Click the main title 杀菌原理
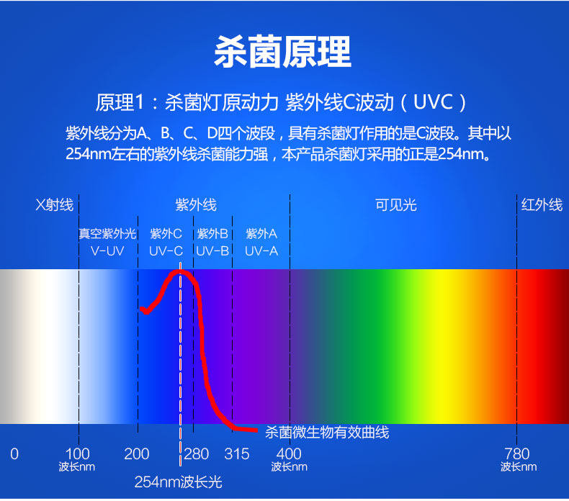(284, 52)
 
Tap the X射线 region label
(55, 205)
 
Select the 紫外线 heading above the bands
(195, 205)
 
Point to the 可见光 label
(395, 205)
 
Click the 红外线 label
(542, 205)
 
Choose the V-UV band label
(107, 250)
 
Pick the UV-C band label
(166, 250)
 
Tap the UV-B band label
(212, 250)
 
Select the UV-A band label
(261, 250)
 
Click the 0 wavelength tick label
(14, 453)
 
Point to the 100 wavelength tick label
(78, 453)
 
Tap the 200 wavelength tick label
(137, 453)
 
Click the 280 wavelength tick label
(196, 453)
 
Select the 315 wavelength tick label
(237, 453)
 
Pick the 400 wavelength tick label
(289, 453)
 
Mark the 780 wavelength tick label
(517, 453)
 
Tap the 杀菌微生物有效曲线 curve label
(327, 432)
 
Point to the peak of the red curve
(180, 272)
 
